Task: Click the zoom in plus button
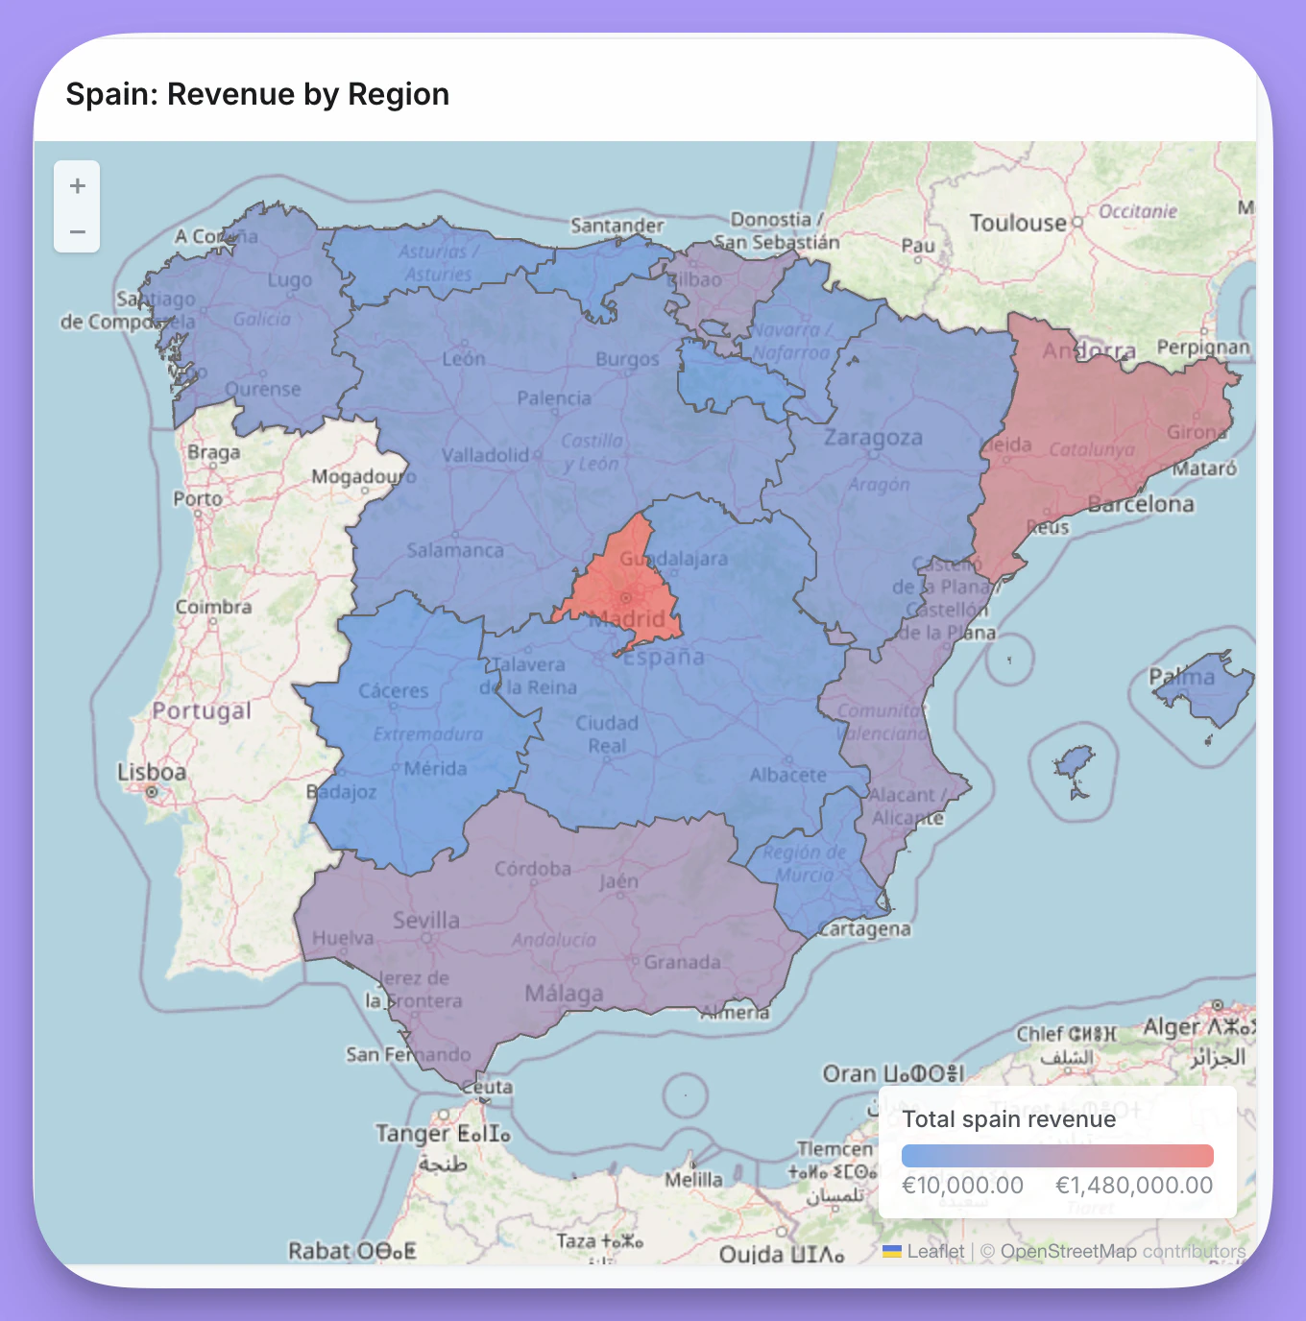pos(78,185)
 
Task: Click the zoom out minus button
pos(78,231)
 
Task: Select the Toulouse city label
pos(1018,224)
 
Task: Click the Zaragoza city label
pos(873,438)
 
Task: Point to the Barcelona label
pos(1141,504)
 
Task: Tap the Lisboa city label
pos(152,773)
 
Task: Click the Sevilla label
pos(426,920)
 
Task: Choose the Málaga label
pos(564,994)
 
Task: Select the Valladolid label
pos(485,454)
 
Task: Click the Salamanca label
pos(454,550)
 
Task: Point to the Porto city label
pos(198,498)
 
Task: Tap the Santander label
pos(617,226)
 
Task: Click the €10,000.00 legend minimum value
pos(962,1185)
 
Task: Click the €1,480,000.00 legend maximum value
pos(1134,1185)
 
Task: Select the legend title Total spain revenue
pos(1008,1119)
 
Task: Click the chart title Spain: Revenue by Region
pos(257,94)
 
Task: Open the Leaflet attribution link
pos(934,1251)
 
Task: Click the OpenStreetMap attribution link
pos(1068,1251)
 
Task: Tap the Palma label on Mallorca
pos(1182,677)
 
